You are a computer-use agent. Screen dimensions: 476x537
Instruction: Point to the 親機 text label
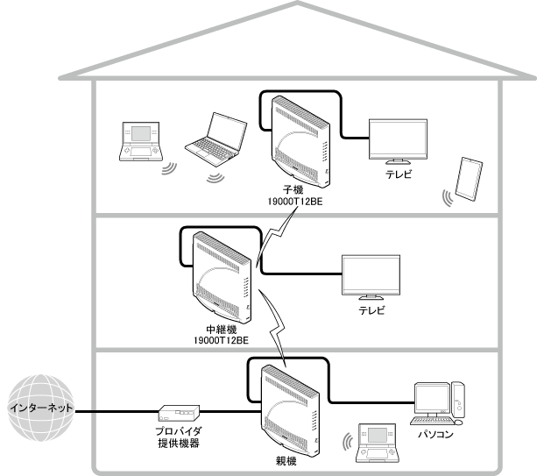(286, 458)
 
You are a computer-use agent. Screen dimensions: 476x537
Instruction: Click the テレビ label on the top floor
(399, 174)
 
